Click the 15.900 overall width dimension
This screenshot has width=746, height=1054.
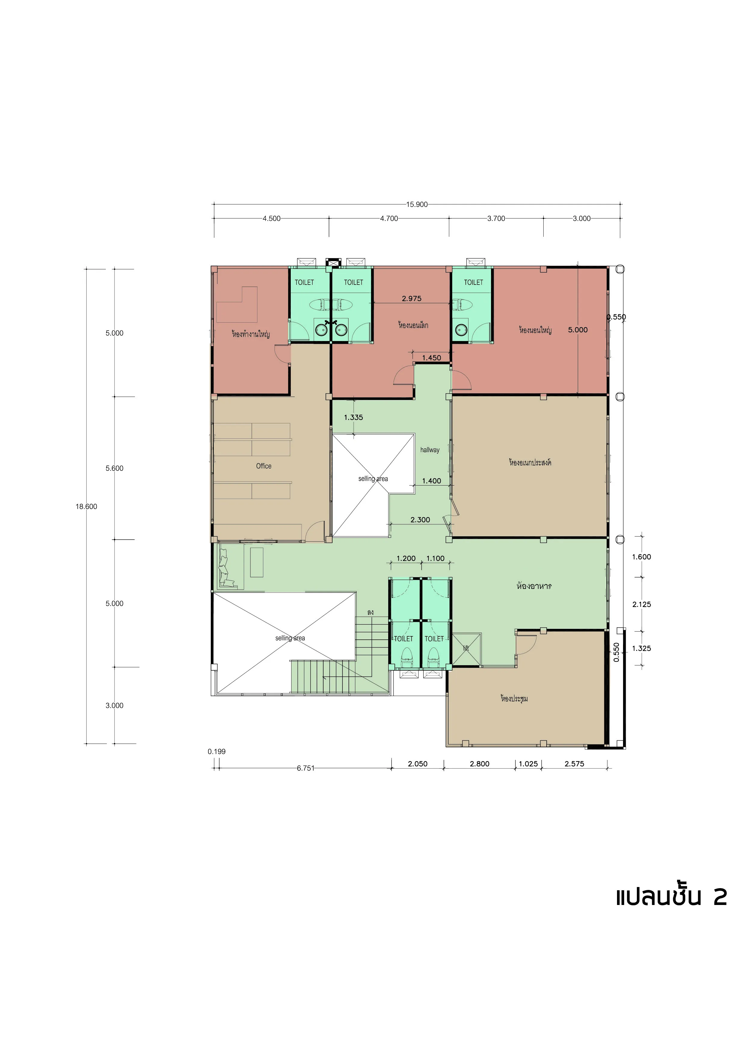(417, 204)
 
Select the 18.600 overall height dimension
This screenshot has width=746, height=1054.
(86, 506)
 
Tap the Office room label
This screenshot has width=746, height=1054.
(264, 466)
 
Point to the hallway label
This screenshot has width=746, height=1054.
(430, 450)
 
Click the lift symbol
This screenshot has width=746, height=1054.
(467, 649)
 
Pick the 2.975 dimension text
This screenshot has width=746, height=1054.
(412, 298)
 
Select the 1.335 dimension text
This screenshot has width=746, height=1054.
(353, 417)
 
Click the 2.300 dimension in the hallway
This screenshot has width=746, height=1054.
(420, 520)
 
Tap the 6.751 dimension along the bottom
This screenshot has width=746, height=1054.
(305, 768)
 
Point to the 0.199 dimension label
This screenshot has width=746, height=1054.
(216, 751)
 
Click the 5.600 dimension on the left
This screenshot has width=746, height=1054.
(114, 468)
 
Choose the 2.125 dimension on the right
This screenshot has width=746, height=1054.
(641, 605)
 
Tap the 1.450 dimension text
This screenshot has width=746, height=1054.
(431, 358)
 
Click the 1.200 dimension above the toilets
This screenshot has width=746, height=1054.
(406, 558)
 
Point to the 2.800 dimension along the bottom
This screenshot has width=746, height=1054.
(480, 764)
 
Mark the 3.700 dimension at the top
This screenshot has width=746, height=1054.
(496, 218)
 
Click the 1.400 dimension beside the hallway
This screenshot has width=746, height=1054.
(431, 481)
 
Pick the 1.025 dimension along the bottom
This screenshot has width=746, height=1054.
(528, 764)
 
